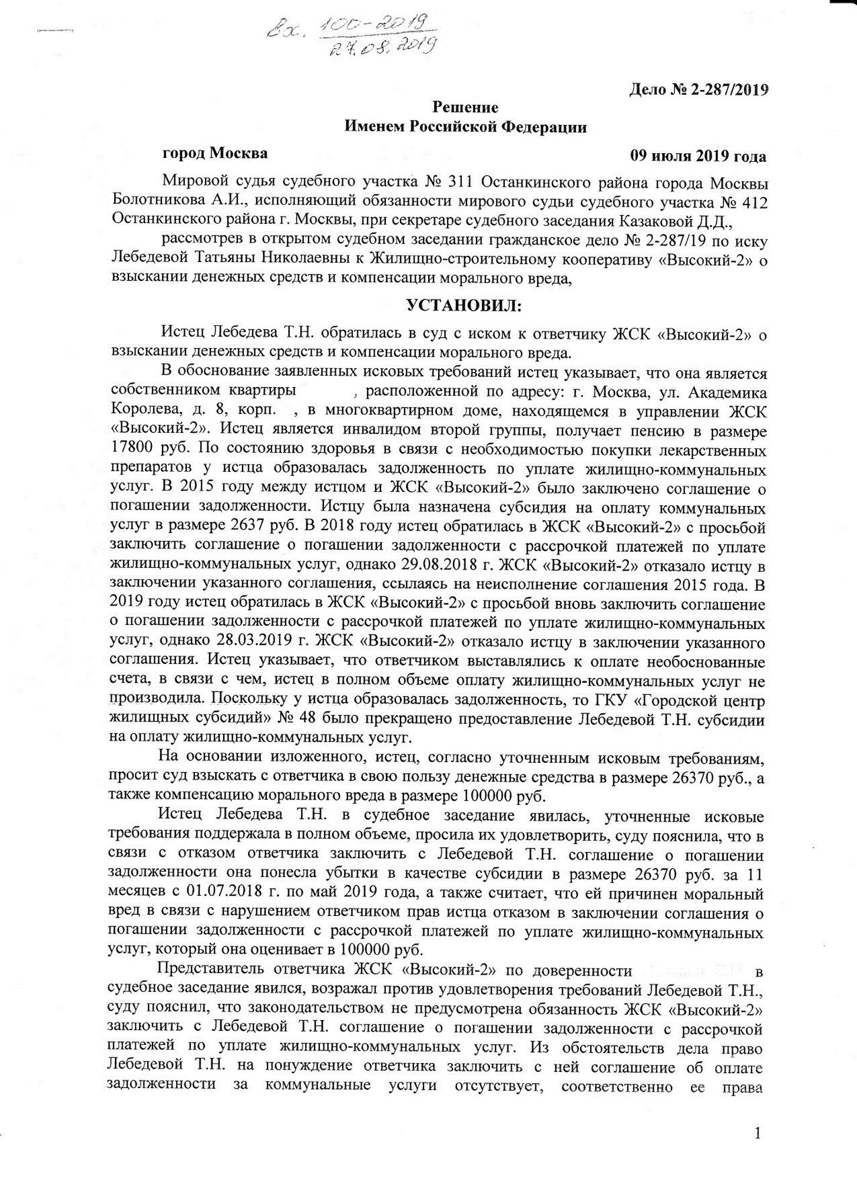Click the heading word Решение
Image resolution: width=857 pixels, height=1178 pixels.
tap(465, 107)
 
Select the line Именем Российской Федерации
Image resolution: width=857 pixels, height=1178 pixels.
tap(465, 127)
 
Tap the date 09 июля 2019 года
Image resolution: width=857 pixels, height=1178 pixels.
tap(698, 156)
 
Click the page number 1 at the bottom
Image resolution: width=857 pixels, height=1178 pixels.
tap(757, 1134)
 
